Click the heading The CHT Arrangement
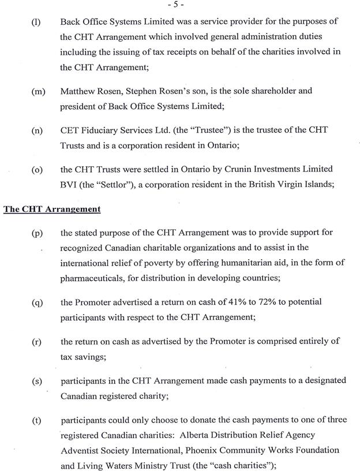pyautogui.click(x=52, y=208)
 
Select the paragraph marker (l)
pyautogui.click(x=36, y=22)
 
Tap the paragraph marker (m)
pyautogui.click(x=38, y=92)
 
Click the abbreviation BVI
pyautogui.click(x=69, y=184)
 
